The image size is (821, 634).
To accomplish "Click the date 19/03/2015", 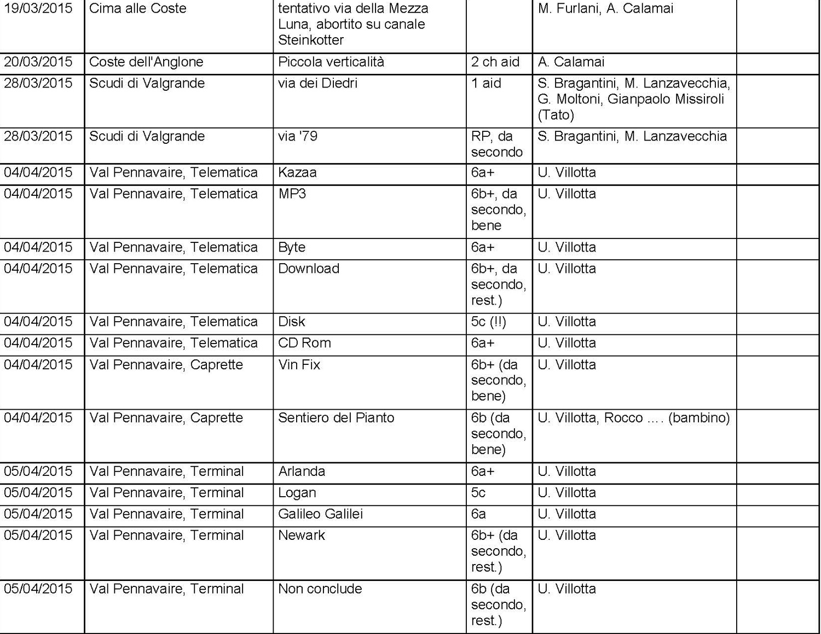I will (x=38, y=9).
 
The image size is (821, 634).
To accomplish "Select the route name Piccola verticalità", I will (x=331, y=62).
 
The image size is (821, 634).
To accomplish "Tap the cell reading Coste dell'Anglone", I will (x=146, y=62).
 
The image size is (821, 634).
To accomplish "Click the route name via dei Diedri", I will (x=317, y=83).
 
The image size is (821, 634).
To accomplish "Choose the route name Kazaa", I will (x=297, y=173).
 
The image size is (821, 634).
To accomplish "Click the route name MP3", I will (x=292, y=194).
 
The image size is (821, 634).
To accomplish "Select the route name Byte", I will (x=292, y=247).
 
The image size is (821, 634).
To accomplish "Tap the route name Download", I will (x=309, y=269).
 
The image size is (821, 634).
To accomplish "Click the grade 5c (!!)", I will (x=488, y=322).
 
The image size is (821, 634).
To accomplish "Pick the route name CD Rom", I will (x=304, y=343).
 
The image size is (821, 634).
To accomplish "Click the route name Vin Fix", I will (x=299, y=365).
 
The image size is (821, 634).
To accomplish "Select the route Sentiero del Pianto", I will (x=336, y=418).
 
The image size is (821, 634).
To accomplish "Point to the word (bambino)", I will (x=699, y=418).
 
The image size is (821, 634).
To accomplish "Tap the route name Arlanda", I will (x=302, y=472).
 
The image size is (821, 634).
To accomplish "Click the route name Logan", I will (x=297, y=493).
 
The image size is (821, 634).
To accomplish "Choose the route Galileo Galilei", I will (x=320, y=514).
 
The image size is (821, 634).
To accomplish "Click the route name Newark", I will (x=301, y=536).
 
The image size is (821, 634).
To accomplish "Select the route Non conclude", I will (x=320, y=589).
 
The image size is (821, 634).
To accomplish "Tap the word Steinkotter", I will (x=311, y=40).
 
